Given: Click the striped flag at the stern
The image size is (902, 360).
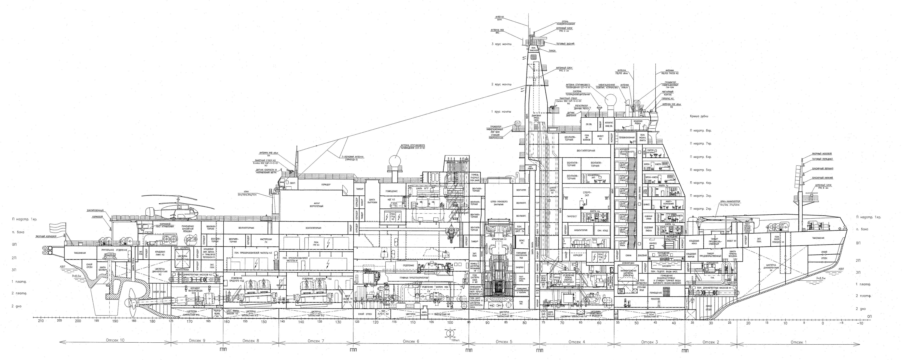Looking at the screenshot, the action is tap(57, 228).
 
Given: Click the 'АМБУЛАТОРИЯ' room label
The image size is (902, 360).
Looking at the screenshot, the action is tap(581, 230).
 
